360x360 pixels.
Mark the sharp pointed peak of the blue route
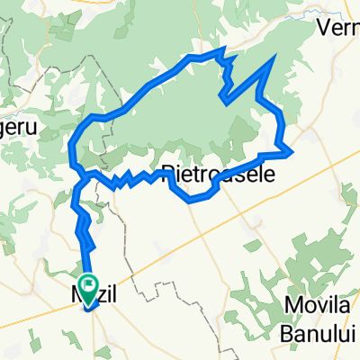point(273,58)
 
